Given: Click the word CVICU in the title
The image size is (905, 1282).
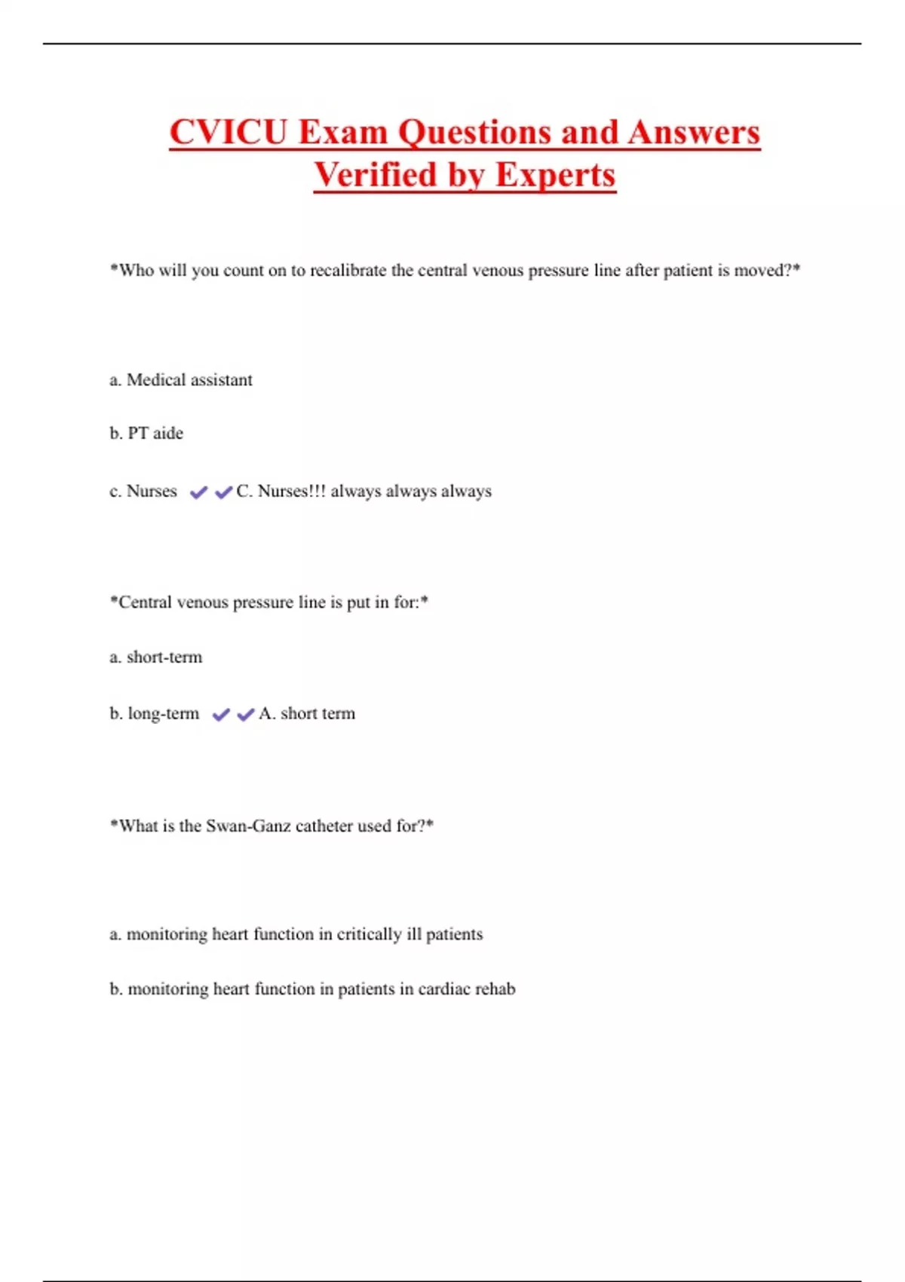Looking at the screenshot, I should (229, 132).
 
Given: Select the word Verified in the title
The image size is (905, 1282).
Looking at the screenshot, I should (376, 175).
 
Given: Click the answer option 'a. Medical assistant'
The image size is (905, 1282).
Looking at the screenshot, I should (181, 380).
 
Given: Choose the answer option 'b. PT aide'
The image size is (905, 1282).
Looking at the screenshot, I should (146, 434).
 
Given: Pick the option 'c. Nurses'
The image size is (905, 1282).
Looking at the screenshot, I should (143, 492).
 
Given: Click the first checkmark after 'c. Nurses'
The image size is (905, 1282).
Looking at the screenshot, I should (198, 492).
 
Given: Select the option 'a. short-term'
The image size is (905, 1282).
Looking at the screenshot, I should (156, 658).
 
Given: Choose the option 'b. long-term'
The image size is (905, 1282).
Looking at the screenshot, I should (155, 714).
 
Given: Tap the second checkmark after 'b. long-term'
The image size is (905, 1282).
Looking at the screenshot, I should (246, 715).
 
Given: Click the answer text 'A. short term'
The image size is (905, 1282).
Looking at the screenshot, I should (307, 714).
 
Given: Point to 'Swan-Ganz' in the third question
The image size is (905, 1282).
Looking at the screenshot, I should (248, 827).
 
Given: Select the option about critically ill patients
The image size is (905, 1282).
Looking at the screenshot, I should (296, 934).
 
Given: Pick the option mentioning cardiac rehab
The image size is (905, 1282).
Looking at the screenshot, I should (312, 989).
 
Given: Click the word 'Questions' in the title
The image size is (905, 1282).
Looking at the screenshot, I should (475, 132).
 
